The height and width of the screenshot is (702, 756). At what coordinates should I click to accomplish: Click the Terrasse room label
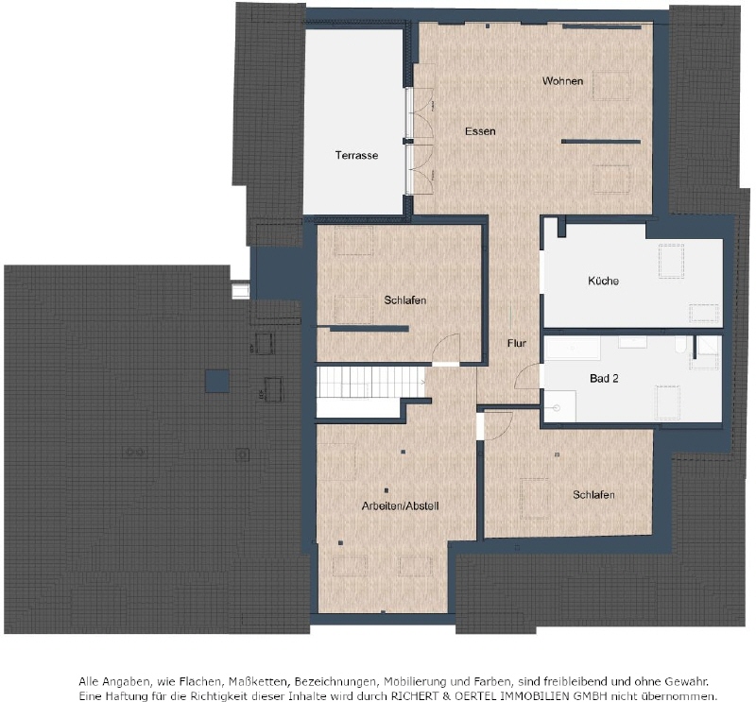356,155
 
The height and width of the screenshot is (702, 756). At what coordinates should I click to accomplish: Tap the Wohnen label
562,81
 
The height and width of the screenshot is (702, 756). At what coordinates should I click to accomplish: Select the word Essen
480,131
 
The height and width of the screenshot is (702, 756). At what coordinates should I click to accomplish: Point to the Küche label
603,281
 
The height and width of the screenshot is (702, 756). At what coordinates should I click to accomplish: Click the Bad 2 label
604,379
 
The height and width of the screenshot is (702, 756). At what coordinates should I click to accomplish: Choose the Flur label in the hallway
516,343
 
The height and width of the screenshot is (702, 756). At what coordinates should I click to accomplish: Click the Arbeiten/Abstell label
400,505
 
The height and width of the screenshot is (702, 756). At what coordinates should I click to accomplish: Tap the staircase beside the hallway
371,383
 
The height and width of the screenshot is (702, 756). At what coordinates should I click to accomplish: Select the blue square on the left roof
217,381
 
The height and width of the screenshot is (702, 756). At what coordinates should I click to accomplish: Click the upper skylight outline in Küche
671,261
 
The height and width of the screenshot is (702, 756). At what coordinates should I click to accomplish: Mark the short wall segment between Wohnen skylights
601,142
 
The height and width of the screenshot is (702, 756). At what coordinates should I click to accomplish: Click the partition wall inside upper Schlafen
369,329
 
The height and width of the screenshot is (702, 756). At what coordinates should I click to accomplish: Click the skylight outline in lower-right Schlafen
534,499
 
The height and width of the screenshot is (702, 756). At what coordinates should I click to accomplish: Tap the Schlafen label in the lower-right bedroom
593,495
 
